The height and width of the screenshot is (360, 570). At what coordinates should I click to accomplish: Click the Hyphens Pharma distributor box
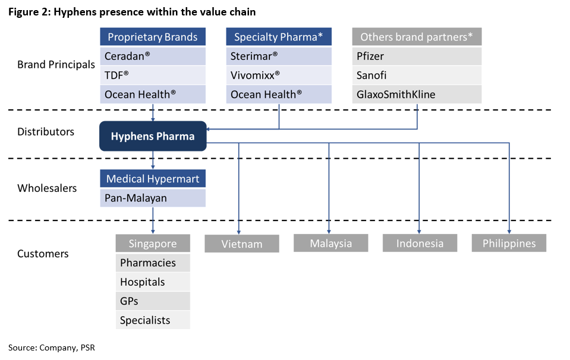click(153, 136)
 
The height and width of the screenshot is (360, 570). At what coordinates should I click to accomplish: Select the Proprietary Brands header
click(153, 37)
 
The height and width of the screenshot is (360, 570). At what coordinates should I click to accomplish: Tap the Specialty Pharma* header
click(279, 37)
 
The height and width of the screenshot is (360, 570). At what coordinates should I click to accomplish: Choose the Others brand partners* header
click(417, 37)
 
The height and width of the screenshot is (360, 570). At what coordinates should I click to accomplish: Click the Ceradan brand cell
click(153, 56)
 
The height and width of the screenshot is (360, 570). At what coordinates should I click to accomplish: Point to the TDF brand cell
click(153, 75)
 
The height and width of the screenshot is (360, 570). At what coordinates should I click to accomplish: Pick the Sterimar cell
click(279, 56)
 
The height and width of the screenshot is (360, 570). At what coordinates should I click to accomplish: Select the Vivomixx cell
click(279, 75)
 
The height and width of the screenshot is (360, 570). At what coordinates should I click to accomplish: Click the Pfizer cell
click(417, 56)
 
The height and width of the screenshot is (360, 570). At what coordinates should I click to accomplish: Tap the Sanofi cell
click(417, 75)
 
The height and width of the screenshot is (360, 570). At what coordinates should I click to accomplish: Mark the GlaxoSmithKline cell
click(417, 94)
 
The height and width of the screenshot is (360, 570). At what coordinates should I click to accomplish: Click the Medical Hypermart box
click(153, 179)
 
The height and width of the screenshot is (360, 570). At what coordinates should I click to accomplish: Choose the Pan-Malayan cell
click(153, 198)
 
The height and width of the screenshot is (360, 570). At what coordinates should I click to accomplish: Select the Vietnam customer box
click(242, 244)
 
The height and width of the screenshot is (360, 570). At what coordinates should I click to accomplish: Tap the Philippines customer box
click(509, 243)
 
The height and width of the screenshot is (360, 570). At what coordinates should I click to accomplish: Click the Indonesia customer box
click(420, 243)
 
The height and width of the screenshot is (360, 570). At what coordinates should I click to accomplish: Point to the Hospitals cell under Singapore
click(153, 282)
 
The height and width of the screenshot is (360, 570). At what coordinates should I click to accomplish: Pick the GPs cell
click(153, 301)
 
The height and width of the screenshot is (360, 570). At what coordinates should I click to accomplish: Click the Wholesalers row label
click(48, 188)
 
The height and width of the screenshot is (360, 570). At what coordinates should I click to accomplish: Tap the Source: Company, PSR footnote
click(52, 348)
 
